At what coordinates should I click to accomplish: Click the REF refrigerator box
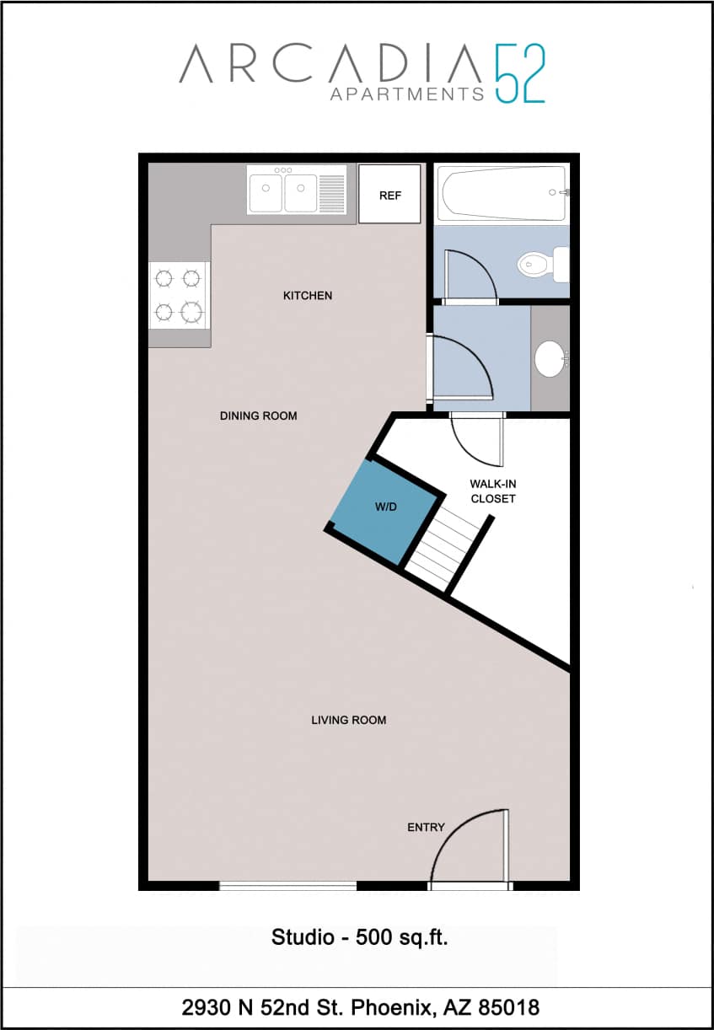tap(389, 195)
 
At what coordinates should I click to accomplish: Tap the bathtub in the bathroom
tap(501, 193)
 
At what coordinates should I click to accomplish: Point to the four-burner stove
tap(179, 295)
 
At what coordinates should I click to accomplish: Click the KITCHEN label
tap(308, 296)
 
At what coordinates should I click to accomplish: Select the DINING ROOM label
tap(258, 416)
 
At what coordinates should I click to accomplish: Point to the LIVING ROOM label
tap(348, 720)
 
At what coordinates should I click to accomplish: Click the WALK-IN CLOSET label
tap(492, 491)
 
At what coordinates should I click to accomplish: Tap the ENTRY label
tap(426, 827)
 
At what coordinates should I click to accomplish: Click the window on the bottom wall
tap(287, 886)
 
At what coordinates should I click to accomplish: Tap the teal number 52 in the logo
tap(520, 73)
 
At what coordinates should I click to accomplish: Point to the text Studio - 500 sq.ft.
tap(359, 936)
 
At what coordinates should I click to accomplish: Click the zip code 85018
tap(507, 1006)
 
